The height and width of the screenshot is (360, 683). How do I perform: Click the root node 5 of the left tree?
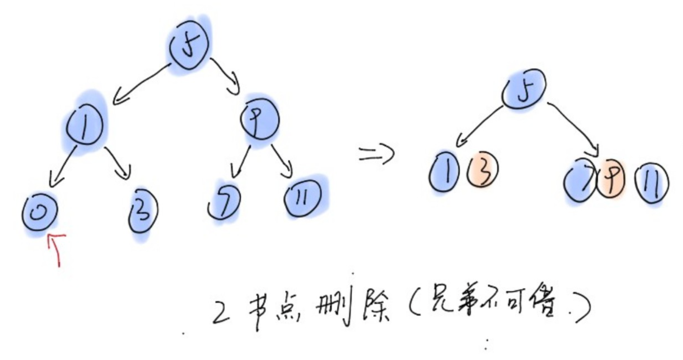click(x=188, y=45)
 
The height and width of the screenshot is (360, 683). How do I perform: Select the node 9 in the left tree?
click(x=259, y=119)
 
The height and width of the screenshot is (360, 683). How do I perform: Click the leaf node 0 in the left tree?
click(x=39, y=213)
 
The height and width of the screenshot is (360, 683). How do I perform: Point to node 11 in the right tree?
click(x=652, y=182)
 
